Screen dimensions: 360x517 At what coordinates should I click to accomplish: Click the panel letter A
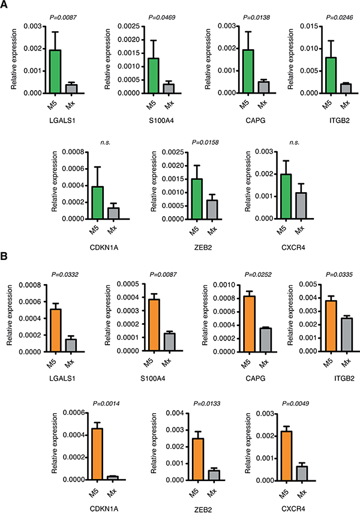4,5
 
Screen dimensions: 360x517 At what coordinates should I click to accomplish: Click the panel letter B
4,256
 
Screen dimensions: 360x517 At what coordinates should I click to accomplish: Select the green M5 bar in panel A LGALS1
55,71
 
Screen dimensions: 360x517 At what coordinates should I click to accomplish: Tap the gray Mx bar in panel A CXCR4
301,206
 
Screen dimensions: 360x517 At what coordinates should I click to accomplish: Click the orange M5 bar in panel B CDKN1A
97,454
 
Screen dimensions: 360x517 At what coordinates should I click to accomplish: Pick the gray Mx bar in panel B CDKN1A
113,478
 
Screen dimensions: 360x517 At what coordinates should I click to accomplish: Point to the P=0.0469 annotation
161,17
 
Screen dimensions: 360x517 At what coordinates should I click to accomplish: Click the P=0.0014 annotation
106,404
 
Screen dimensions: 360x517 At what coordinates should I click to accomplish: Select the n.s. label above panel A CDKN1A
106,142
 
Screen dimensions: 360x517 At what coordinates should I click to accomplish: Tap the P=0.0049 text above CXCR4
295,404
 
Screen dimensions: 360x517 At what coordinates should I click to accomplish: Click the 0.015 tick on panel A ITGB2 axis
309,26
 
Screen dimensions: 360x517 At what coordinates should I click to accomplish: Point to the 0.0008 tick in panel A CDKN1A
73,152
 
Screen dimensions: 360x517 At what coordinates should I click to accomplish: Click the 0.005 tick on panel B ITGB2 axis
308,284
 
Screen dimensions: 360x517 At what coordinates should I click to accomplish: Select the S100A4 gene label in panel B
153,378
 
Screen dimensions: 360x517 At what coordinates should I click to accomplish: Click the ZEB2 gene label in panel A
203,247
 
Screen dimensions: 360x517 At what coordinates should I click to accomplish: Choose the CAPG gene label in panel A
255,120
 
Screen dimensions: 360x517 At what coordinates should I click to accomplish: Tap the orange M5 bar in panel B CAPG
250,324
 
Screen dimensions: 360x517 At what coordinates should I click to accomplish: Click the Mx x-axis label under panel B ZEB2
212,493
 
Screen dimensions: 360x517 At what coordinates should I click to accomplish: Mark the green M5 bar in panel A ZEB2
197,199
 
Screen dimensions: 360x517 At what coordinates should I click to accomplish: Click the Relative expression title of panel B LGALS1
9,315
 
